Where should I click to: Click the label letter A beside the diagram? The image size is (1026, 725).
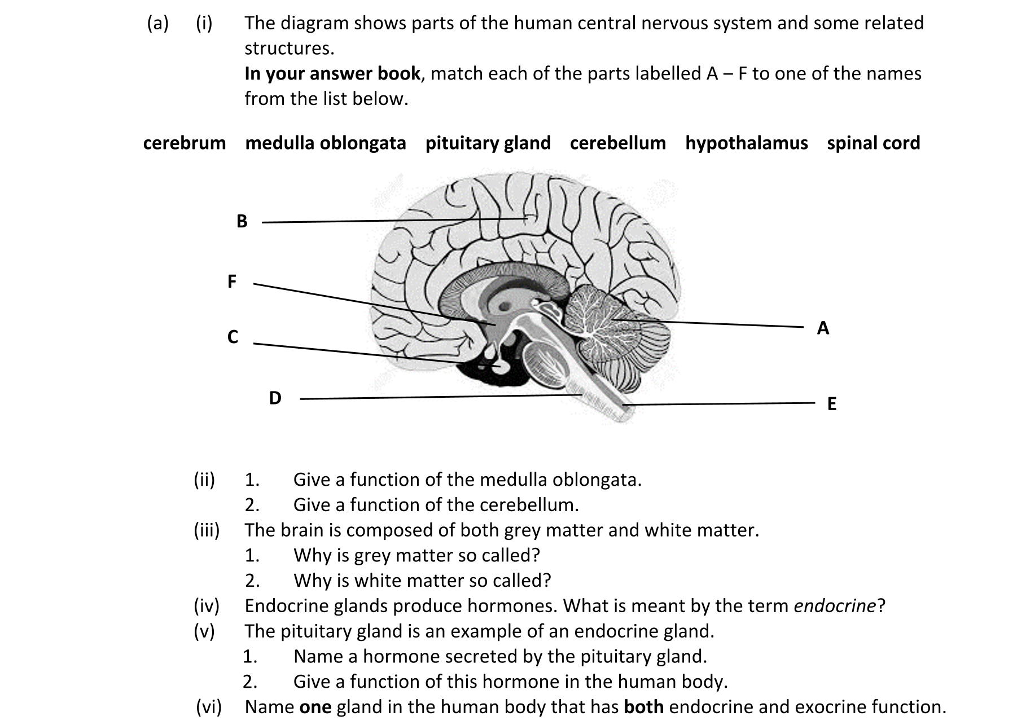click(823, 328)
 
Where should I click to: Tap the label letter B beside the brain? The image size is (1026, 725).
click(242, 221)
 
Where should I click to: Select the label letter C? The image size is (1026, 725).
click(233, 337)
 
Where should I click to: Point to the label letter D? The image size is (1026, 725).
click(275, 398)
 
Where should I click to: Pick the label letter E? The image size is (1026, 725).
click(831, 404)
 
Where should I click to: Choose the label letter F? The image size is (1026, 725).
click(231, 281)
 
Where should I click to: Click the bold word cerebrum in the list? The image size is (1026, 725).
click(185, 143)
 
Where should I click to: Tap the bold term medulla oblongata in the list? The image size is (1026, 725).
click(326, 143)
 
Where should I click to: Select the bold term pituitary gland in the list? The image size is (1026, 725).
click(488, 143)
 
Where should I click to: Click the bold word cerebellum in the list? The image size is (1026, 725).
click(618, 143)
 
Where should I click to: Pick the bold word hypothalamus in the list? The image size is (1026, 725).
click(746, 143)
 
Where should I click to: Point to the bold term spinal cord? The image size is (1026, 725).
click(873, 143)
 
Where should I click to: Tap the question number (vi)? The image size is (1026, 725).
click(209, 707)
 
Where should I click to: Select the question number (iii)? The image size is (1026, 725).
click(207, 530)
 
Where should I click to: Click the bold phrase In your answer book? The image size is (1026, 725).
click(332, 73)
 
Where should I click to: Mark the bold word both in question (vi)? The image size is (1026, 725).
click(643, 707)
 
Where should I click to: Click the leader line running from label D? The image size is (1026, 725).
click(440, 397)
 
